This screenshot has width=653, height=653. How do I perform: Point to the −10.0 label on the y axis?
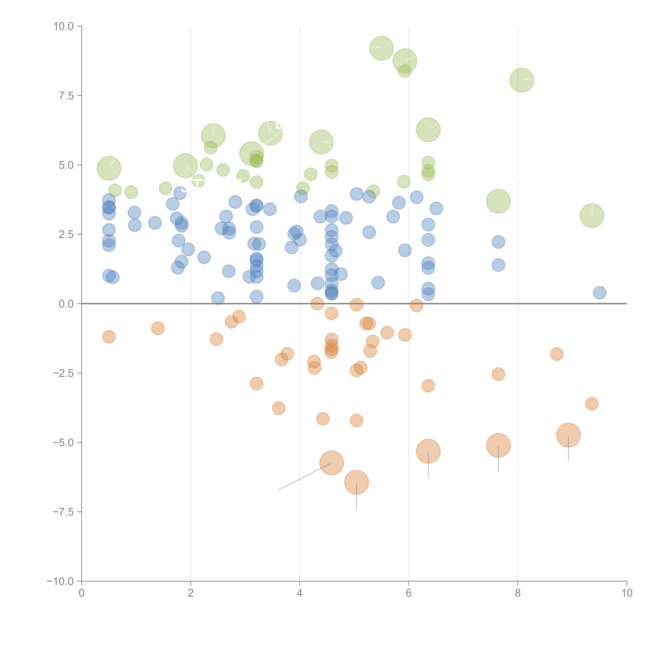coord(60,581)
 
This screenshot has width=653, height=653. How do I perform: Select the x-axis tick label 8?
coord(518,593)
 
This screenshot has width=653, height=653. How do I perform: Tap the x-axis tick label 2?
coord(191,593)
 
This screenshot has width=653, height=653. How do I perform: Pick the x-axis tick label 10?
coord(627,593)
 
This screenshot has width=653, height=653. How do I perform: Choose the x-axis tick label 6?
coord(409,593)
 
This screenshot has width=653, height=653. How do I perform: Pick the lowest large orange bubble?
coord(357,482)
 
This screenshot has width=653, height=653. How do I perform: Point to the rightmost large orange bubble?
coord(569,435)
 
